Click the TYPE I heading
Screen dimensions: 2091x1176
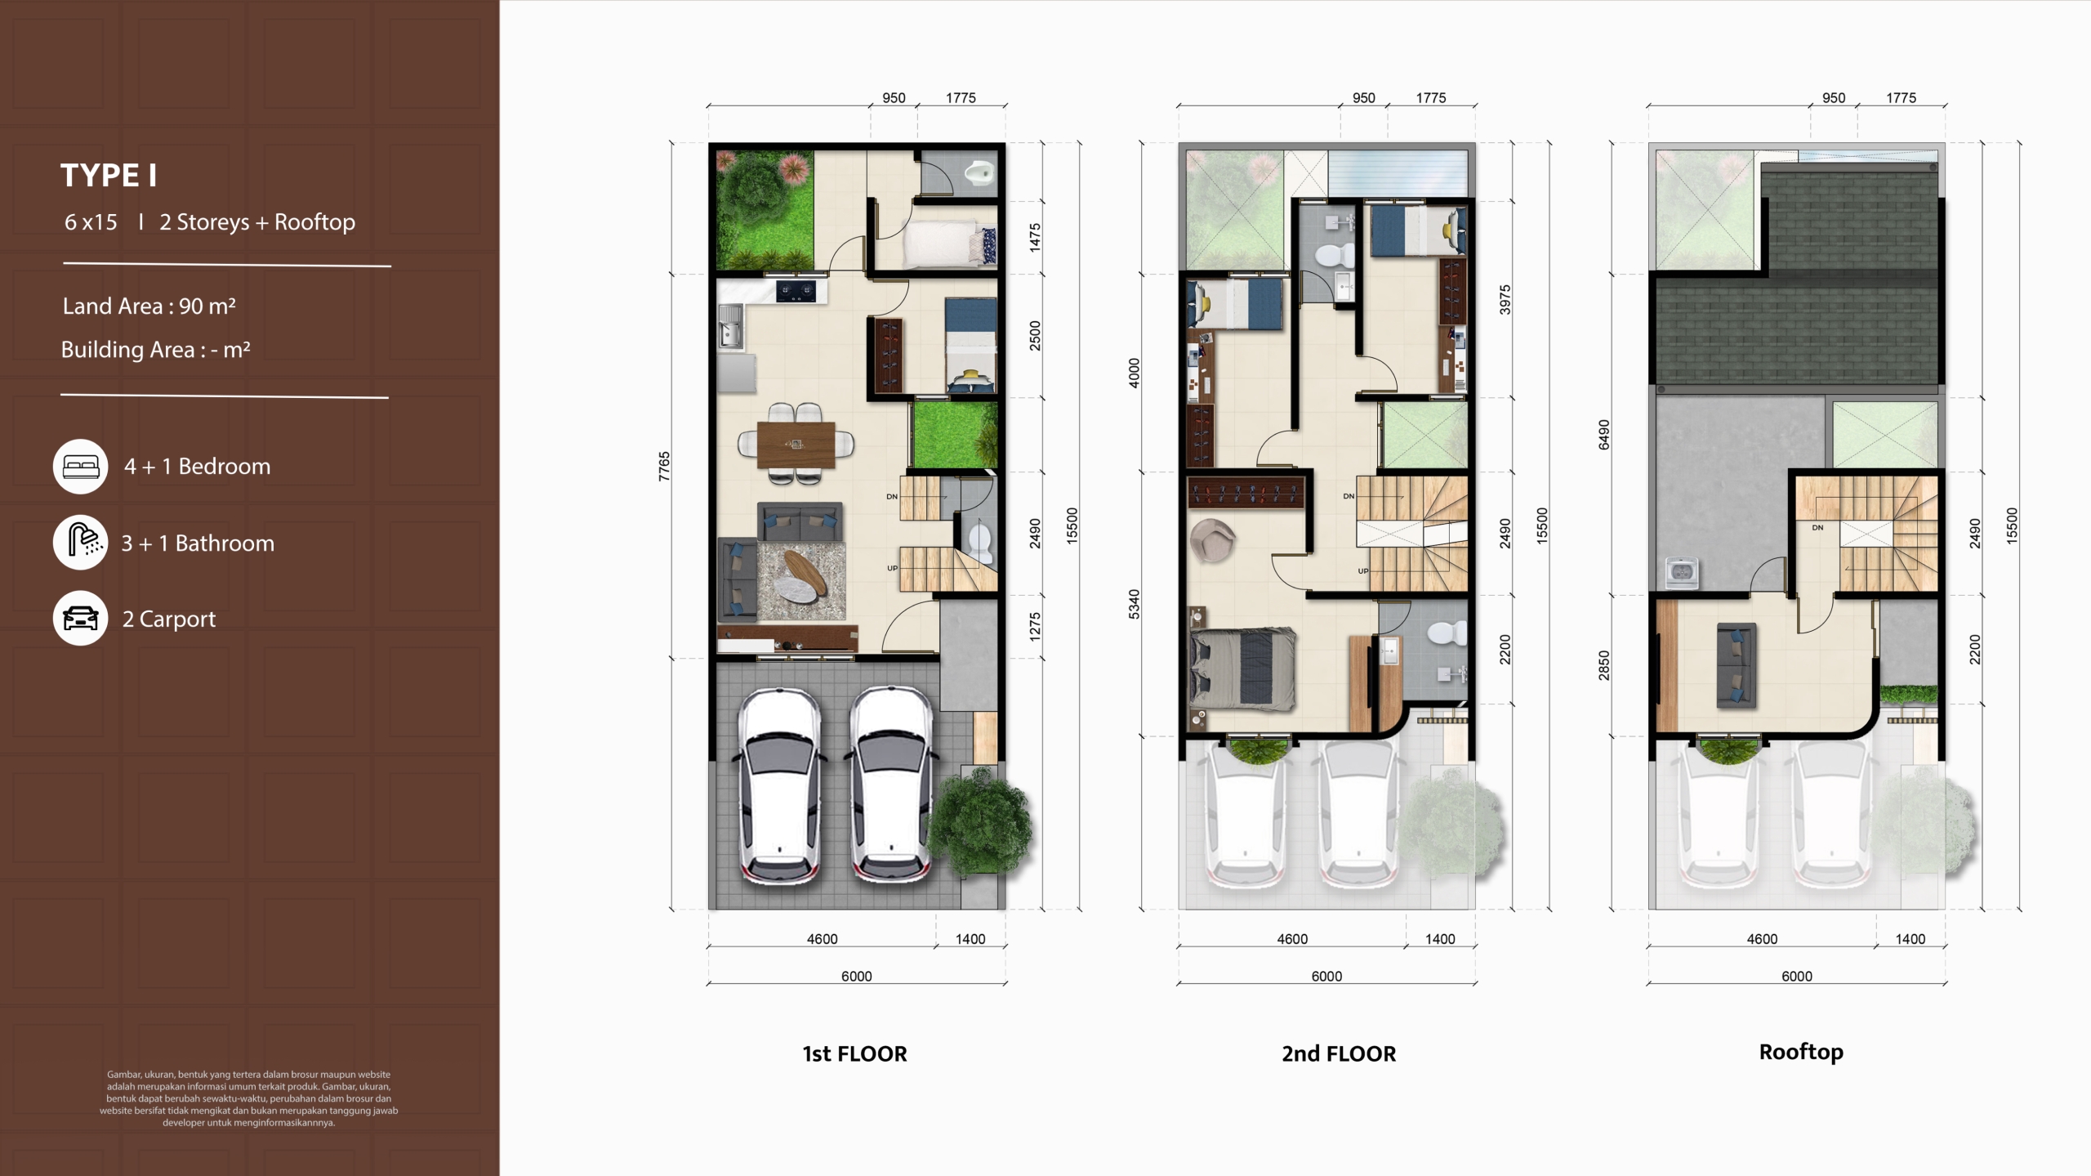pyautogui.click(x=109, y=176)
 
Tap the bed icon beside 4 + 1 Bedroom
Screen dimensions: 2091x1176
pyautogui.click(x=81, y=467)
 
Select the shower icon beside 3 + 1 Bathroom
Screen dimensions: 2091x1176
pyautogui.click(x=81, y=543)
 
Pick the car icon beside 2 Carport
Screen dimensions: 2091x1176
pyautogui.click(x=81, y=619)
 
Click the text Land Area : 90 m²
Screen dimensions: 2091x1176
pyautogui.click(x=149, y=306)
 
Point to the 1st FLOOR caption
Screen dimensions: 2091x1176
pyautogui.click(x=854, y=1054)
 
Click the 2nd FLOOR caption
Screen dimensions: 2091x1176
pyautogui.click(x=1339, y=1054)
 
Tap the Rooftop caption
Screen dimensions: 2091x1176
pyautogui.click(x=1801, y=1053)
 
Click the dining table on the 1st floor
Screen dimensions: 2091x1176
pyautogui.click(x=796, y=445)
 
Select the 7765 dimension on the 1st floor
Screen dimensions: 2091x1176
pyautogui.click(x=664, y=466)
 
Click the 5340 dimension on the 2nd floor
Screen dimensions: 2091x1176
pyautogui.click(x=1134, y=604)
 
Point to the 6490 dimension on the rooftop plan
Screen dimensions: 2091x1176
pyautogui.click(x=1604, y=435)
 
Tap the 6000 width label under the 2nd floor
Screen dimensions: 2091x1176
pyautogui.click(x=1326, y=977)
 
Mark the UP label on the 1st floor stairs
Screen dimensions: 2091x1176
pyautogui.click(x=892, y=568)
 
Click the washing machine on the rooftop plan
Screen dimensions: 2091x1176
pyautogui.click(x=1681, y=572)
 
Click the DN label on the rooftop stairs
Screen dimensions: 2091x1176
pyautogui.click(x=1817, y=528)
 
